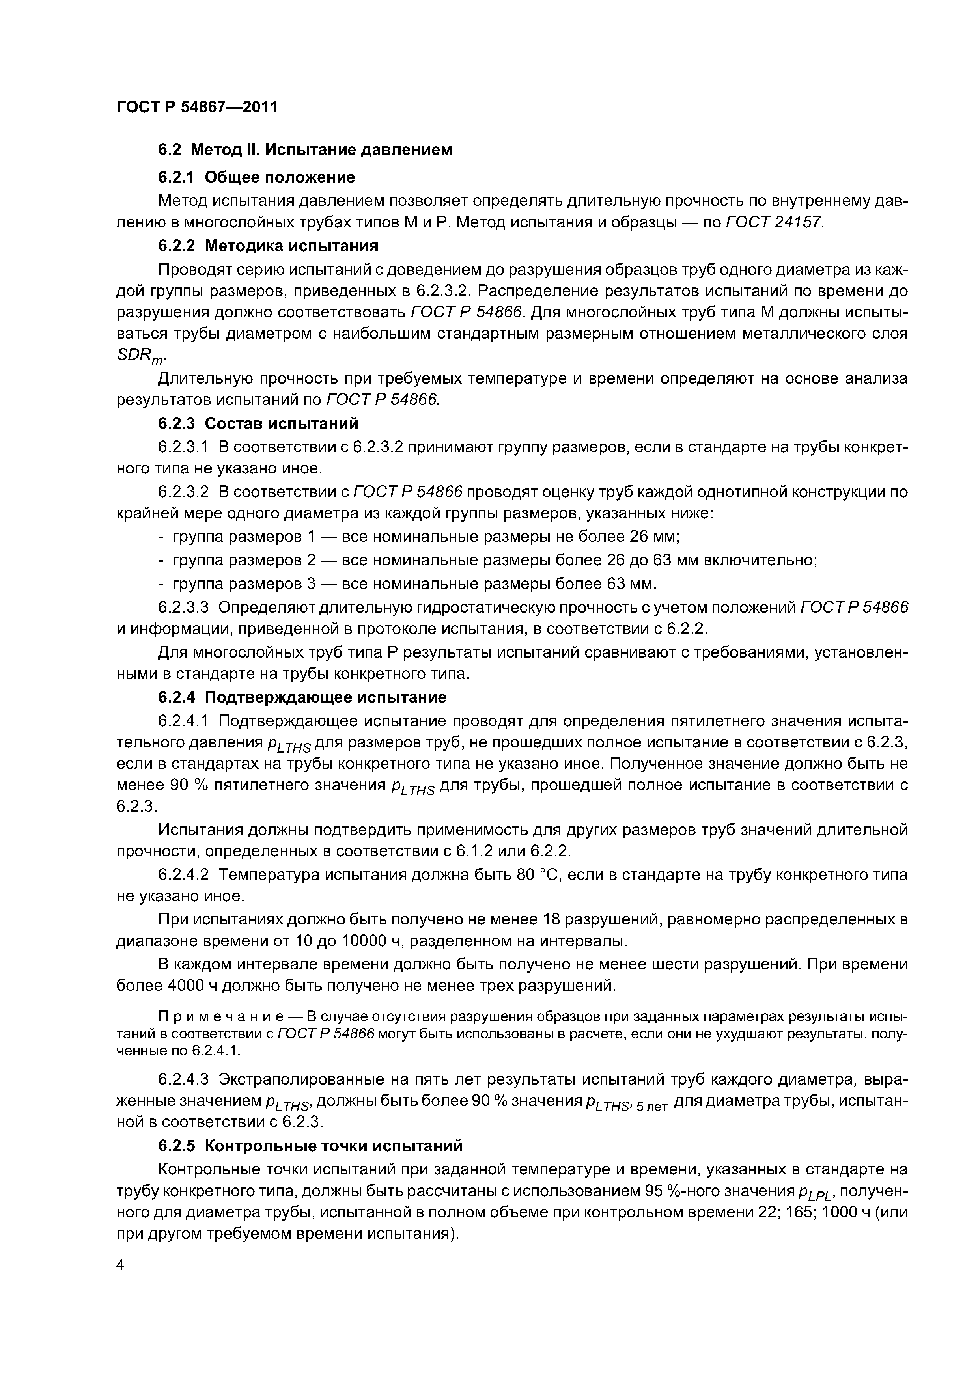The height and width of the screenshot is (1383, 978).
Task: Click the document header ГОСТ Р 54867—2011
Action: coord(197,107)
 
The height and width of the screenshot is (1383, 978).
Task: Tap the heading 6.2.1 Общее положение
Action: coord(256,177)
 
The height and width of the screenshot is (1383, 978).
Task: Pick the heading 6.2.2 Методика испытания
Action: coord(268,246)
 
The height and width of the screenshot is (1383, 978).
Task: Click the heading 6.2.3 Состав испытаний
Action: coord(258,423)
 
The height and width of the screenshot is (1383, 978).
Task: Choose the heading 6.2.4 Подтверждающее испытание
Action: coord(302,697)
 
